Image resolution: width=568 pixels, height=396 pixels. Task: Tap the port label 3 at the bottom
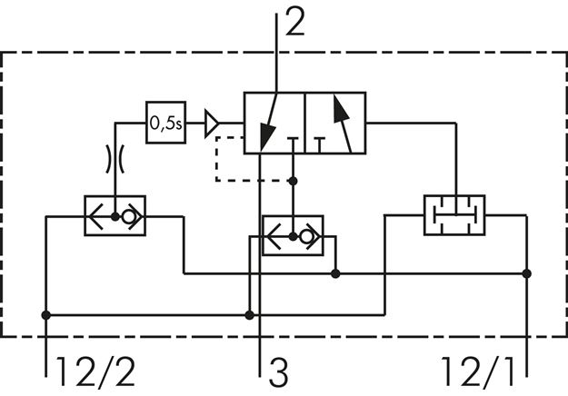pos(277,372)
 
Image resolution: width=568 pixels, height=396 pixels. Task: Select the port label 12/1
pos(479,372)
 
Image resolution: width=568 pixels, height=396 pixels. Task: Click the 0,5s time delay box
pos(165,122)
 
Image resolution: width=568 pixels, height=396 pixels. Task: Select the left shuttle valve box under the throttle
pos(115,216)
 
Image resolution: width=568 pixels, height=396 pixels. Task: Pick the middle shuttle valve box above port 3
pos(293,234)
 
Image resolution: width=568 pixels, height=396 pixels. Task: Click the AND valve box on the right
pos(453,215)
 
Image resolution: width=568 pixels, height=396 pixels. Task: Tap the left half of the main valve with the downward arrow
pos(274,122)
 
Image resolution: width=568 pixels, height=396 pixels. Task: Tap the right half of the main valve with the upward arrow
pos(334,122)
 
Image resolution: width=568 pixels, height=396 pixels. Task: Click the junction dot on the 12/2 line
pos(46,316)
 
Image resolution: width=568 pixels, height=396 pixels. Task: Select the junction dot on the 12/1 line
pos(528,272)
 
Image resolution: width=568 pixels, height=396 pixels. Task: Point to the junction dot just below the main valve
pos(293,181)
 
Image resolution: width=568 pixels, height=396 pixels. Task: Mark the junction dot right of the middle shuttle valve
pos(336,272)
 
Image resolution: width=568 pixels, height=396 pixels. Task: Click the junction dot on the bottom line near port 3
pos(250,316)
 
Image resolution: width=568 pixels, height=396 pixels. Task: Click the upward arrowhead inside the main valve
pos(340,108)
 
